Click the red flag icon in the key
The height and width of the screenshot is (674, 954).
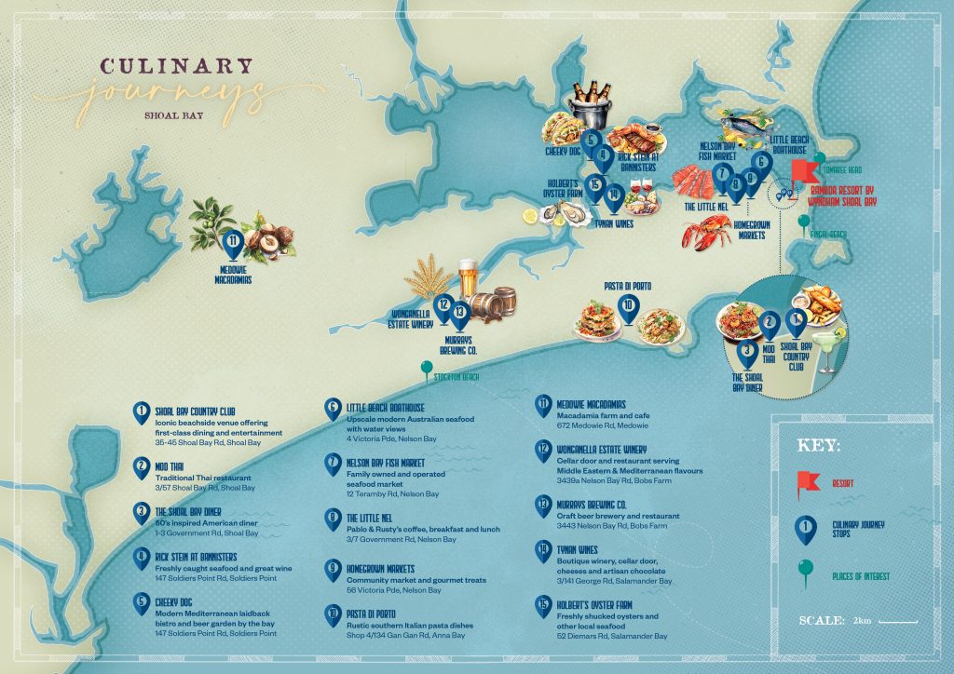[807, 482]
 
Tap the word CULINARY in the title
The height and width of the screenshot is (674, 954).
[176, 66]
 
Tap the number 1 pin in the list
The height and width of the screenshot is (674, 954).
[141, 411]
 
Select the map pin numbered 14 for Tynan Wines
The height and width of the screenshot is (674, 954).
[613, 195]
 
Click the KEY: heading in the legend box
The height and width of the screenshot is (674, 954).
[821, 445]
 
